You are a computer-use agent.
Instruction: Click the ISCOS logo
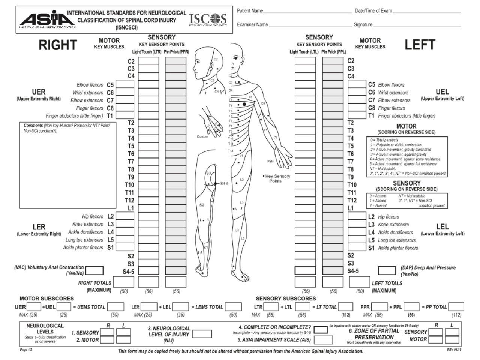click(x=208, y=19)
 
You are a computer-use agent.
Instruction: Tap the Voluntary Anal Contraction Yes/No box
click(x=94, y=270)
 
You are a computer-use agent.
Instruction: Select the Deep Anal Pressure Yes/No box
click(x=387, y=270)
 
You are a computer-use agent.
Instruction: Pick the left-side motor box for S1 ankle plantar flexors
click(x=357, y=247)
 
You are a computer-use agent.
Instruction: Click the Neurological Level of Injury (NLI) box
click(x=202, y=334)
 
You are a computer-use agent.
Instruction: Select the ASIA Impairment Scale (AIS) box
click(x=323, y=340)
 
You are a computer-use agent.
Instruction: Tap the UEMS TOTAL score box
click(x=116, y=307)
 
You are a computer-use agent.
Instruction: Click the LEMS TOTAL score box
click(x=234, y=307)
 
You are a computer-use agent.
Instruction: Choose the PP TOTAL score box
click(x=456, y=307)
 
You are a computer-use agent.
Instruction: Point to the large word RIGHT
click(x=58, y=45)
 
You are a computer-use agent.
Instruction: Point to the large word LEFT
click(x=420, y=45)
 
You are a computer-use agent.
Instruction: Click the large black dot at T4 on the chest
click(x=244, y=104)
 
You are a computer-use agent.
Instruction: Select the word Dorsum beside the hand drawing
click(x=202, y=137)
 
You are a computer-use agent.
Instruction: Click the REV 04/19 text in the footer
click(x=454, y=349)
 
